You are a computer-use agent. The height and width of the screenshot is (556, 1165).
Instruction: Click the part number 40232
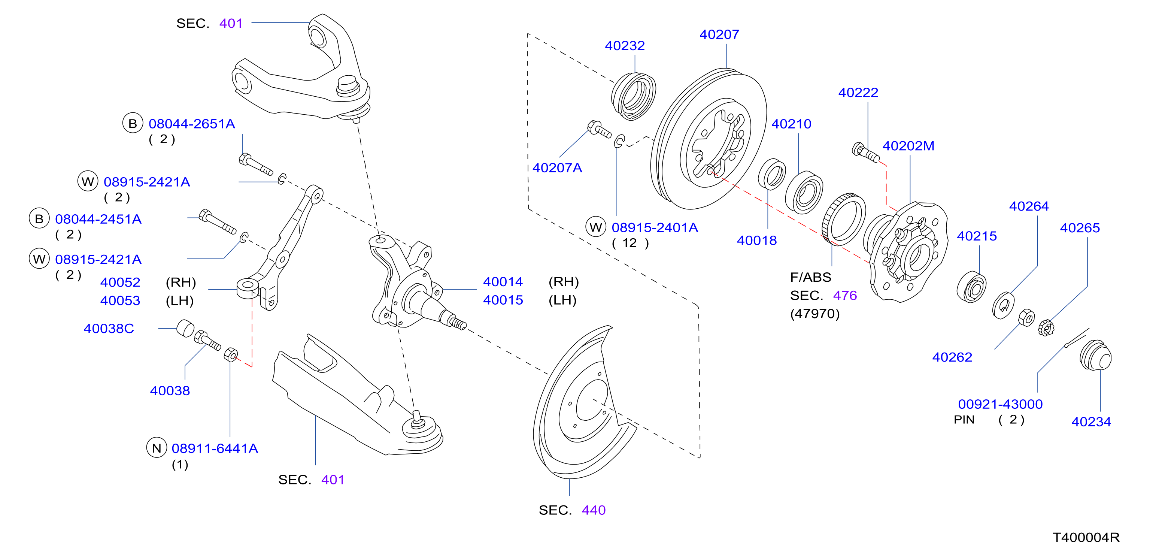[x=625, y=46]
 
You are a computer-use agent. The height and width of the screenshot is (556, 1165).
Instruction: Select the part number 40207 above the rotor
[x=719, y=34]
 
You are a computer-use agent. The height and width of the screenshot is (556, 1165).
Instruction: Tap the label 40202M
[x=908, y=146]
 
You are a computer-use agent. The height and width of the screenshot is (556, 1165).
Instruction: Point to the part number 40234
[x=1091, y=421]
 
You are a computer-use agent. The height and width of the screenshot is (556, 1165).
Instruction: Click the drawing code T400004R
[x=1086, y=537]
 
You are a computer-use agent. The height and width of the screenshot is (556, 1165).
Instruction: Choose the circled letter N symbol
[x=157, y=448]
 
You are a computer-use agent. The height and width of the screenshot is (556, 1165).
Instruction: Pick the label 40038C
[x=109, y=329]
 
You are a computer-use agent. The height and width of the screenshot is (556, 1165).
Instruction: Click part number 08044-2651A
[x=192, y=124]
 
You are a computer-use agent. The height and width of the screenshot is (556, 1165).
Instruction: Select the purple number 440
[x=593, y=510]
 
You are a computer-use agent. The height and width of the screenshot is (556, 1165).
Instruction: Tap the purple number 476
[x=845, y=295]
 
